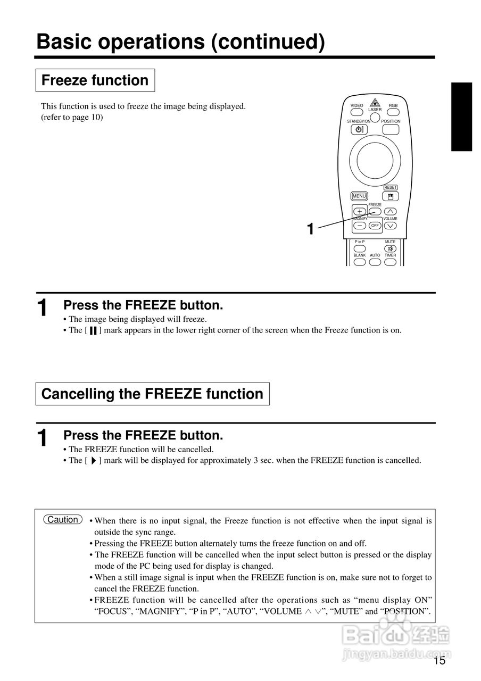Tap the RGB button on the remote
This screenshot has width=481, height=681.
pos(393,112)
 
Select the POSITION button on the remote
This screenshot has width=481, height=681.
pos(391,129)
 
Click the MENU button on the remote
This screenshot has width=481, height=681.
pos(359,196)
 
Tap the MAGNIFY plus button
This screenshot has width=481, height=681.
pos(359,211)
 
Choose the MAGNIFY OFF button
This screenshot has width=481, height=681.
pos(375,226)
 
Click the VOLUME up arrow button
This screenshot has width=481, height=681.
pos(391,211)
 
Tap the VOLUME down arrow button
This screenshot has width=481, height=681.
pos(391,226)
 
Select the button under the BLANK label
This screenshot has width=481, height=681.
pos(360,262)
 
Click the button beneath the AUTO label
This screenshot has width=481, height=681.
pos(375,262)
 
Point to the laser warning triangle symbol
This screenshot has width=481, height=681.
pos(375,103)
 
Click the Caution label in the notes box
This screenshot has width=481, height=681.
pos(63,520)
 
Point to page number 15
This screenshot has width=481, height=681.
pos(439,661)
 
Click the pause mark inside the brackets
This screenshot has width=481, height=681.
pos(93,330)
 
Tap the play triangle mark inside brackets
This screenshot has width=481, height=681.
pos(93,461)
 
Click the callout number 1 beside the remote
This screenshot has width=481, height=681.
pos(310,229)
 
